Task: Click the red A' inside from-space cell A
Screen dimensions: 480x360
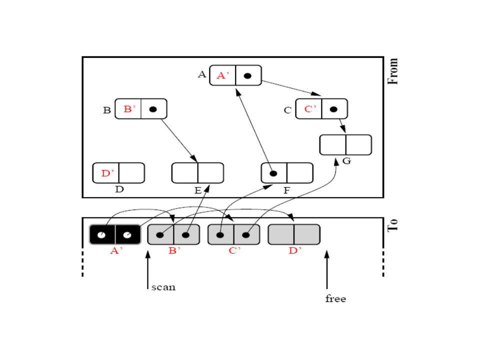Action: point(222,75)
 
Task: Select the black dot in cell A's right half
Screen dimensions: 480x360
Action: point(247,75)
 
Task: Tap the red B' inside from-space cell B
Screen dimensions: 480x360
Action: point(129,109)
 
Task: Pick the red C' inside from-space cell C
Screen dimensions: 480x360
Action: point(310,109)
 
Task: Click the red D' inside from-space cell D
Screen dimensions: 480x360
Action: point(107,173)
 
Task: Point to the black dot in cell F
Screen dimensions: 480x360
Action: point(273,173)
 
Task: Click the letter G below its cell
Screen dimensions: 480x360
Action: point(346,161)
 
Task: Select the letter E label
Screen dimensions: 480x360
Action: point(198,190)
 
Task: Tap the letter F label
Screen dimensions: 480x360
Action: point(286,190)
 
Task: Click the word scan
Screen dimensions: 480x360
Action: point(163,287)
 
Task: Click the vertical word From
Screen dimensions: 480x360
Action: point(393,71)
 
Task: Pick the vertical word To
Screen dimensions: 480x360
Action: point(393,225)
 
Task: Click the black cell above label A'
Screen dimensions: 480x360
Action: point(115,234)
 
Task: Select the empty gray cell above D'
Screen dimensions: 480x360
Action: point(294,234)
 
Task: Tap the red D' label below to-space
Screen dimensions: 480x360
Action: point(295,250)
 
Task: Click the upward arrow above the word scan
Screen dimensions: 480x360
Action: point(147,270)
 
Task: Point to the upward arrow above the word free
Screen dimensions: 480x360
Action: point(327,269)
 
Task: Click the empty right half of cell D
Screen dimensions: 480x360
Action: point(131,173)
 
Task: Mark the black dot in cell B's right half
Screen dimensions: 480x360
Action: point(153,109)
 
